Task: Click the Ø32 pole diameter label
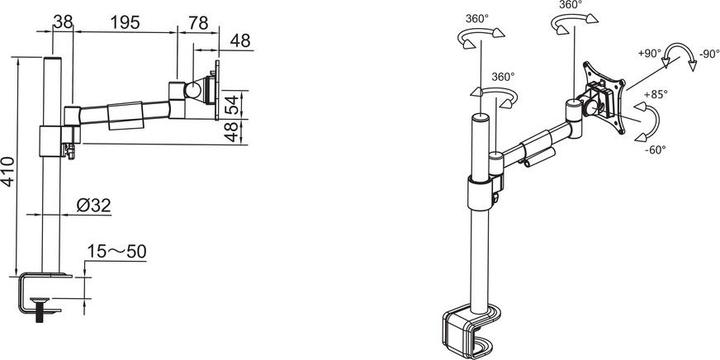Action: pyautogui.click(x=93, y=206)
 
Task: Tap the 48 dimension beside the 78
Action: pyautogui.click(x=240, y=42)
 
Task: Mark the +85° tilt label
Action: pyautogui.click(x=655, y=95)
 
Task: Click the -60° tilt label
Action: pyautogui.click(x=655, y=150)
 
